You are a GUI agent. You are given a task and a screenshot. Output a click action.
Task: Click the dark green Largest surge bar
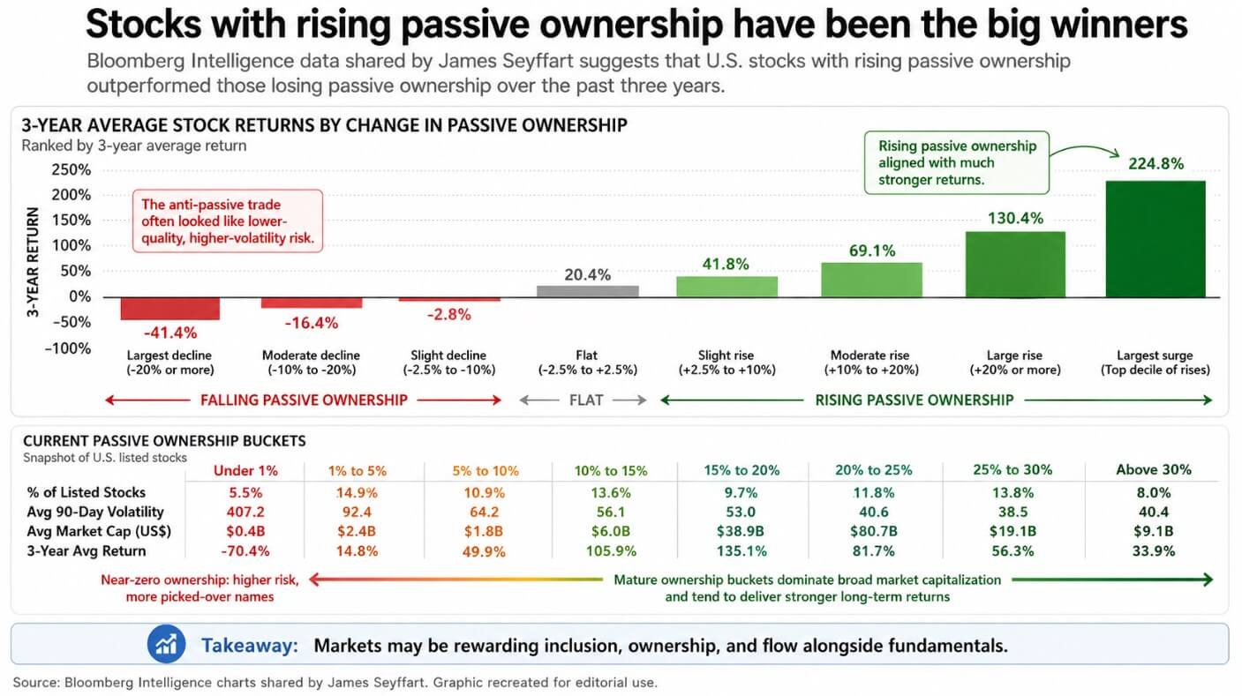[x=1155, y=239]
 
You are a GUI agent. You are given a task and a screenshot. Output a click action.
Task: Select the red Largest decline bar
[x=170, y=308]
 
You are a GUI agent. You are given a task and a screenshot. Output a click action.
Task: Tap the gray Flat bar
[x=588, y=291]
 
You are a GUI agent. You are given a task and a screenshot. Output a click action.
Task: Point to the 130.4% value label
[x=1014, y=218]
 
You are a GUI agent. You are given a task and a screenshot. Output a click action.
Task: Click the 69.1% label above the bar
[x=871, y=251]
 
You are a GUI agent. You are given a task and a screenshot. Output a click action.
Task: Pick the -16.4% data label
[x=311, y=323]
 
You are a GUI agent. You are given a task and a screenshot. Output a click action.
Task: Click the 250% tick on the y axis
[x=72, y=169]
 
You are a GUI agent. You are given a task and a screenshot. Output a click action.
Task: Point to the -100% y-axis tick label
[x=68, y=348]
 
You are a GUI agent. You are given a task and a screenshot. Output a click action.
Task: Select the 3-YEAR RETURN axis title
[x=33, y=262]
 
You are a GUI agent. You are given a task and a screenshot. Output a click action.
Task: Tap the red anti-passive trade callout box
[x=228, y=221]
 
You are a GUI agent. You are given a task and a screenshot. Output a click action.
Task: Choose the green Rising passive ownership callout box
[x=957, y=163]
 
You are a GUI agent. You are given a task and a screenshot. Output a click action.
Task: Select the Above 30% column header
[x=1153, y=470]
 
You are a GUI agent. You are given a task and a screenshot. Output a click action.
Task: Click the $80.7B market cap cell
[x=873, y=532]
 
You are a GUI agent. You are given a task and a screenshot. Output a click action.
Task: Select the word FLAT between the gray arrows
[x=585, y=400]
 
